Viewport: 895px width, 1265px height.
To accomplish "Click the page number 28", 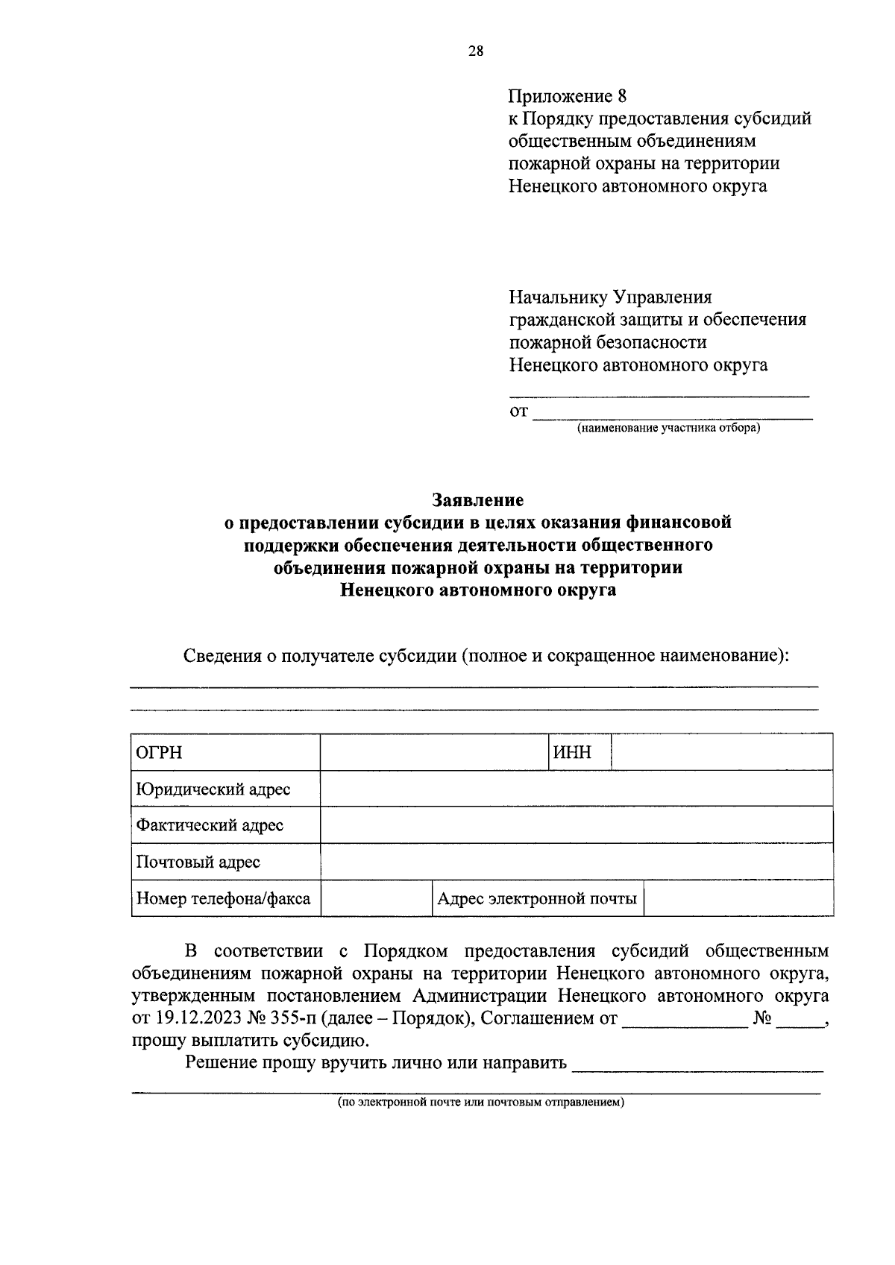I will pyautogui.click(x=476, y=51).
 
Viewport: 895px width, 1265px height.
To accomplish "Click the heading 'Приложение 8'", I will pyautogui.click(x=568, y=96).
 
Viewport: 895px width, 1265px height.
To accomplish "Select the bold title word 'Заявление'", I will pyautogui.click(x=478, y=499).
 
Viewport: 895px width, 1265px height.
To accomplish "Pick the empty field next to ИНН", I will pyautogui.click(x=721, y=752).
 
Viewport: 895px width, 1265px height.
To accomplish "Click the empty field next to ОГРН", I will pyautogui.click(x=434, y=752).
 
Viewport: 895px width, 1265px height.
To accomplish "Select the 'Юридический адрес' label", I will pyautogui.click(x=213, y=789).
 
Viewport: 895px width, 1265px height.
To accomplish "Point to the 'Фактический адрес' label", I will pyautogui.click(x=210, y=825).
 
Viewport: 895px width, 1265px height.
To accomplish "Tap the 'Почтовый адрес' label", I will pyautogui.click(x=198, y=862).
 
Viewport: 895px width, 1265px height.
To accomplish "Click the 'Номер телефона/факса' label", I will pyautogui.click(x=223, y=898).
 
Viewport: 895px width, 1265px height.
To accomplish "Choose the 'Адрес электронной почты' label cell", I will pyautogui.click(x=537, y=898).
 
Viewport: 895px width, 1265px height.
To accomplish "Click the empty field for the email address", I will pyautogui.click(x=738, y=898).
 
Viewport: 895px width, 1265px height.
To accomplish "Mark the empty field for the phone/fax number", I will pyautogui.click(x=377, y=898).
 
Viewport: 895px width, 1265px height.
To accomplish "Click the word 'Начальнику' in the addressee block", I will pyautogui.click(x=558, y=297).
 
